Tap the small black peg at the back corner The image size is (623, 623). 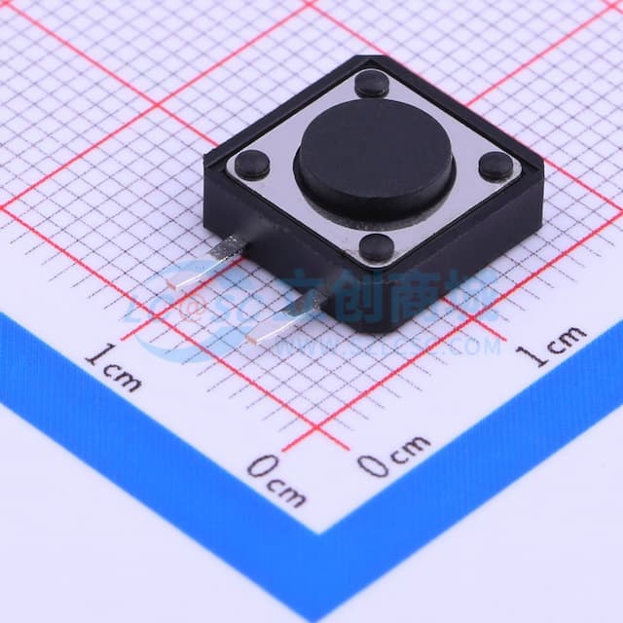pos(371,84)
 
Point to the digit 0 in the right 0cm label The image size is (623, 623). pos(371,465)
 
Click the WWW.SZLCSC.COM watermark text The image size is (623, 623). pos(428,343)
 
